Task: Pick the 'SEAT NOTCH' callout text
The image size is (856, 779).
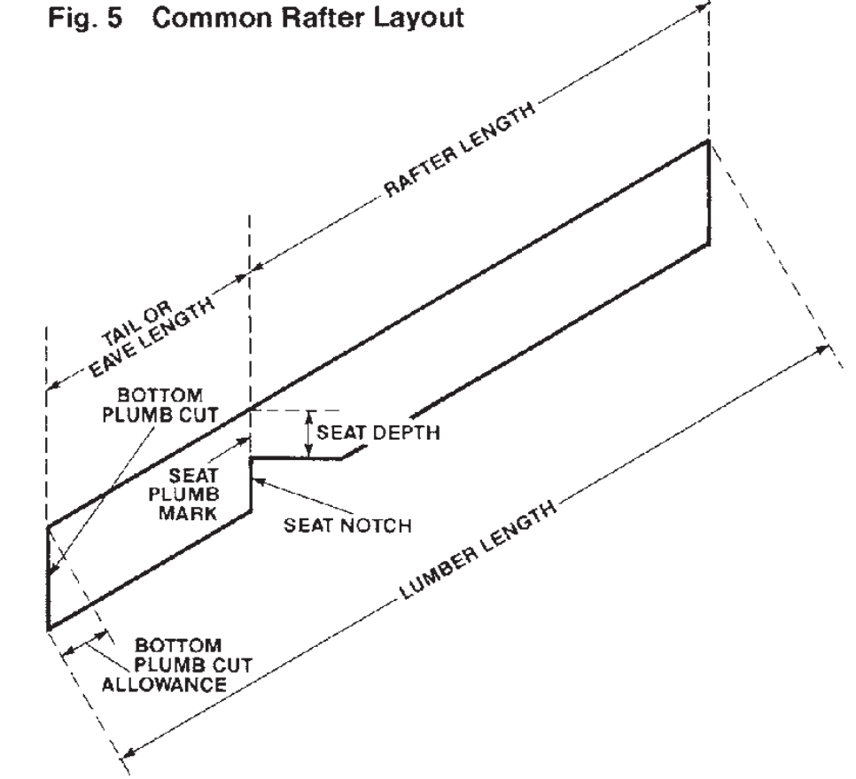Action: (x=348, y=525)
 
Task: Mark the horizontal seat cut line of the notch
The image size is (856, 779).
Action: (x=297, y=458)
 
